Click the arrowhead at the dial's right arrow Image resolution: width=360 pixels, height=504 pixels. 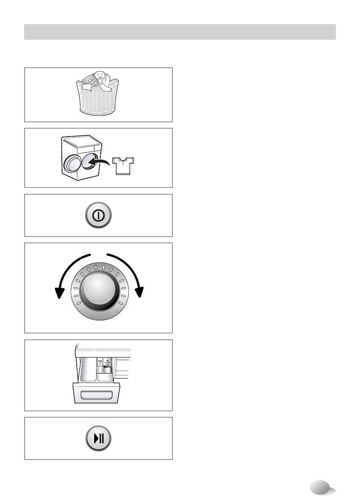[139, 292]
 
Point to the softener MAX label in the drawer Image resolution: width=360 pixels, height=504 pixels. [107, 363]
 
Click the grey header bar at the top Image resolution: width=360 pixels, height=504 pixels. [180, 32]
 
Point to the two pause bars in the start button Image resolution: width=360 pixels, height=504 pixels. [101, 438]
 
